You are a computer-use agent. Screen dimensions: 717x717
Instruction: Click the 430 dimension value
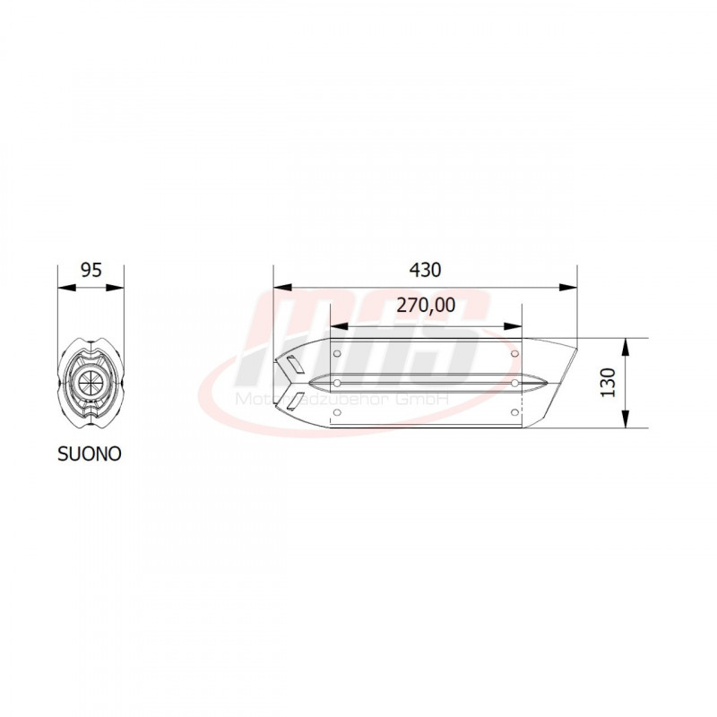tap(426, 269)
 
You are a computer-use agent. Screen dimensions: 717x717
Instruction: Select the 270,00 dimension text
tap(426, 306)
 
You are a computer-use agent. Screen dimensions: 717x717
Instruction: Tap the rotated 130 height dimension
tap(609, 383)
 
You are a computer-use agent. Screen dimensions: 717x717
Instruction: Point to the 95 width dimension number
tap(91, 269)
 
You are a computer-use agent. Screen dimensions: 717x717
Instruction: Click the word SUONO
tap(91, 454)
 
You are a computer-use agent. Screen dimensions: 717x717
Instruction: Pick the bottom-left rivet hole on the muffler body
tap(337, 411)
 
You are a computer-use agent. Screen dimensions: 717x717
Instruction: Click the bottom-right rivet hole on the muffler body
tap(514, 411)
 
